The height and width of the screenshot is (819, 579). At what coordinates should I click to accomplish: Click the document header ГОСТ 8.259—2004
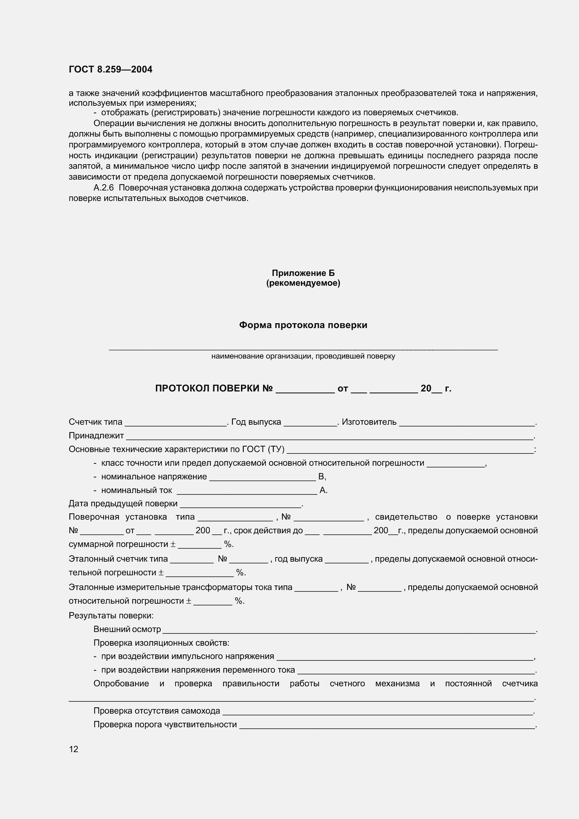point(110,69)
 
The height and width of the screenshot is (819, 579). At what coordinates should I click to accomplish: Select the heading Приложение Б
point(303,273)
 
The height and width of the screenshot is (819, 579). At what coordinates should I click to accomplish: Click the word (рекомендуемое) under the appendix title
point(303,283)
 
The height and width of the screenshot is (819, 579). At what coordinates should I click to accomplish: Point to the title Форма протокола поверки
point(303,325)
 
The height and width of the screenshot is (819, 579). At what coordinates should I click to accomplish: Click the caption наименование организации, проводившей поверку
point(303,356)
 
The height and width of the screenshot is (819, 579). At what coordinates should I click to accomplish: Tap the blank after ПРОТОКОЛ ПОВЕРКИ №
point(305,389)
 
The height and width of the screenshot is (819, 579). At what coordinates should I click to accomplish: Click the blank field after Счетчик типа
point(175,423)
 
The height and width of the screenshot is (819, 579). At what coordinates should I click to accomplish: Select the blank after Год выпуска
point(310,423)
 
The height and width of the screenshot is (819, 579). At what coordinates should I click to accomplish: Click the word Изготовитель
point(369,422)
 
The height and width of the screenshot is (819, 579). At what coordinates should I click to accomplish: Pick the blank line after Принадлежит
point(330,437)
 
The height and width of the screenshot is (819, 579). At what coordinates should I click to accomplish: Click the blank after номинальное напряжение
point(262,478)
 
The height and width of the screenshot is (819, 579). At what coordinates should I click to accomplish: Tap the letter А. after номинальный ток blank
point(323,491)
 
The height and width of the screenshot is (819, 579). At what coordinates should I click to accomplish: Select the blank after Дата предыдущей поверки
point(241,505)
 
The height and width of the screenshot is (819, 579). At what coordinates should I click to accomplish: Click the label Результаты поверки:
point(111,616)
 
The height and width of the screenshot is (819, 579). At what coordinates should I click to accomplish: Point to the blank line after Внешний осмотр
point(349,630)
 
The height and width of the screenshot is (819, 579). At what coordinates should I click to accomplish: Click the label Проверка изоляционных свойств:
point(161,643)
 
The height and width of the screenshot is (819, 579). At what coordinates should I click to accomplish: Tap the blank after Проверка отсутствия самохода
point(378,712)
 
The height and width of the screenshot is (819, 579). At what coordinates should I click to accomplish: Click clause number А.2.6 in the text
point(103,188)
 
